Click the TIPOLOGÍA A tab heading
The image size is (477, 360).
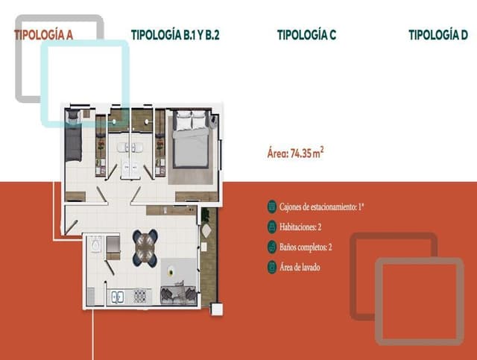click(x=42, y=34)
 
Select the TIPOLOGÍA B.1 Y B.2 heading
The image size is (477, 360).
click(x=175, y=34)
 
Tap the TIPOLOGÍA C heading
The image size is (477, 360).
click(x=306, y=34)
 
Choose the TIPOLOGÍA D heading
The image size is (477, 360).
click(x=438, y=34)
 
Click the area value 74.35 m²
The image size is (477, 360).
click(x=295, y=155)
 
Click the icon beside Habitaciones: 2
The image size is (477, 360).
click(x=272, y=226)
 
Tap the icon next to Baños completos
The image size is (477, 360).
click(x=272, y=247)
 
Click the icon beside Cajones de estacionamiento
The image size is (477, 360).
click(x=272, y=205)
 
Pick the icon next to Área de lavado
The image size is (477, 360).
click(x=272, y=267)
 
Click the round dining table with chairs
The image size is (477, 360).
click(x=145, y=248)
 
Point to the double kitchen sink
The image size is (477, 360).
click(x=118, y=297)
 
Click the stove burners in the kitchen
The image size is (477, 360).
click(x=139, y=297)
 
